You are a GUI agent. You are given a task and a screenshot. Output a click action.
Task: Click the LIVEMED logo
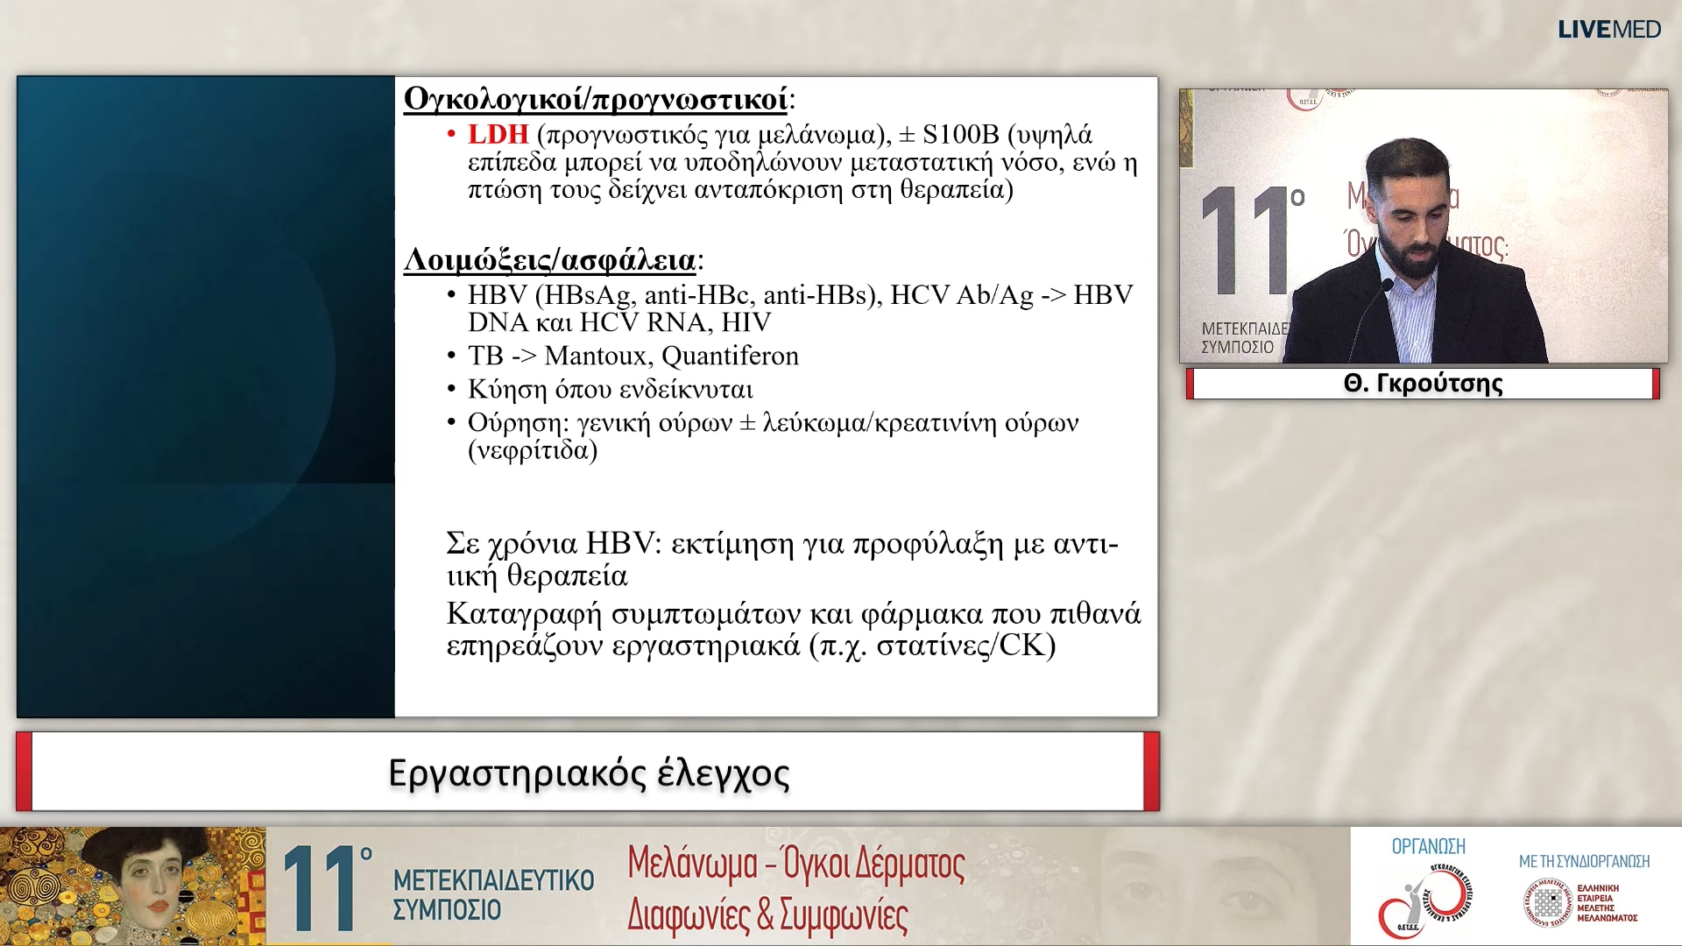click(x=1608, y=29)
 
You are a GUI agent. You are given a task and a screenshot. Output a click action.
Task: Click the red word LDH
click(x=498, y=135)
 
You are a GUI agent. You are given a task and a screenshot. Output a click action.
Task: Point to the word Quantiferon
click(x=730, y=357)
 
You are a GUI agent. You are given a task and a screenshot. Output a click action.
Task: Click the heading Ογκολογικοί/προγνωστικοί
click(x=596, y=99)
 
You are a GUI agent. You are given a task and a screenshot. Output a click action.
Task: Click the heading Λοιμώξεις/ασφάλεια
click(x=549, y=260)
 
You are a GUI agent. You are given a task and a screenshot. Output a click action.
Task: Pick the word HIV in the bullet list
click(x=746, y=323)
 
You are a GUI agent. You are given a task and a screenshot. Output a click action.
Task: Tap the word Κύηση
click(x=507, y=390)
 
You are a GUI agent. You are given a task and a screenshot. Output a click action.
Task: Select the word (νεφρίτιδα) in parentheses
click(x=533, y=451)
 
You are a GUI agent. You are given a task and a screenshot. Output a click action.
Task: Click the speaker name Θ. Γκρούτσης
click(x=1423, y=384)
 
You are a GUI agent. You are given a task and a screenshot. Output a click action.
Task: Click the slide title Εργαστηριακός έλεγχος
click(x=589, y=773)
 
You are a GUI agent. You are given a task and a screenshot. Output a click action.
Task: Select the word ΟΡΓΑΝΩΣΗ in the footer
click(x=1428, y=846)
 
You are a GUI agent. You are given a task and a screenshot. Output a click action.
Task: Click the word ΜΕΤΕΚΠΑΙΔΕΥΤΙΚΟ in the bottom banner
click(x=493, y=879)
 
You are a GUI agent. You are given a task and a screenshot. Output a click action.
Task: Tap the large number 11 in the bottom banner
click(x=320, y=888)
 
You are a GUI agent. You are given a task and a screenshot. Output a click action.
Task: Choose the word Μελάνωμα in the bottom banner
click(x=692, y=865)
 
